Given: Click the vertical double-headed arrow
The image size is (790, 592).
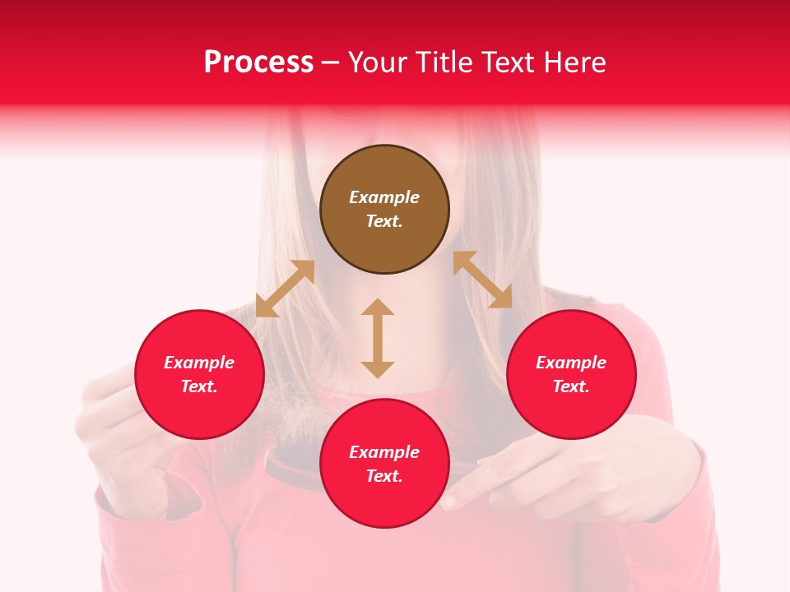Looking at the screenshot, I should coord(378,338).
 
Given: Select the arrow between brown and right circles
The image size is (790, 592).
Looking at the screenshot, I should coord(482,280).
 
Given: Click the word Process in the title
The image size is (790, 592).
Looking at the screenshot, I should coord(258,62).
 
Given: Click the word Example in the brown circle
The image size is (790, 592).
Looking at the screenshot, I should coord(384,197).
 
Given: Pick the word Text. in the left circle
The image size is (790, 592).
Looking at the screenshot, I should coord(199,386).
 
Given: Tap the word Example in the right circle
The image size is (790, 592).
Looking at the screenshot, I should coord(571,363).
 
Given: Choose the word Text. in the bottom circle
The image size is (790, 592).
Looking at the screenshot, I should coord(384,476).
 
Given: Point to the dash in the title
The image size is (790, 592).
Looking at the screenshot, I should coord(331,62).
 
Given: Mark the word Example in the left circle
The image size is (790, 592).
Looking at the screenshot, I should coord(199,363).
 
